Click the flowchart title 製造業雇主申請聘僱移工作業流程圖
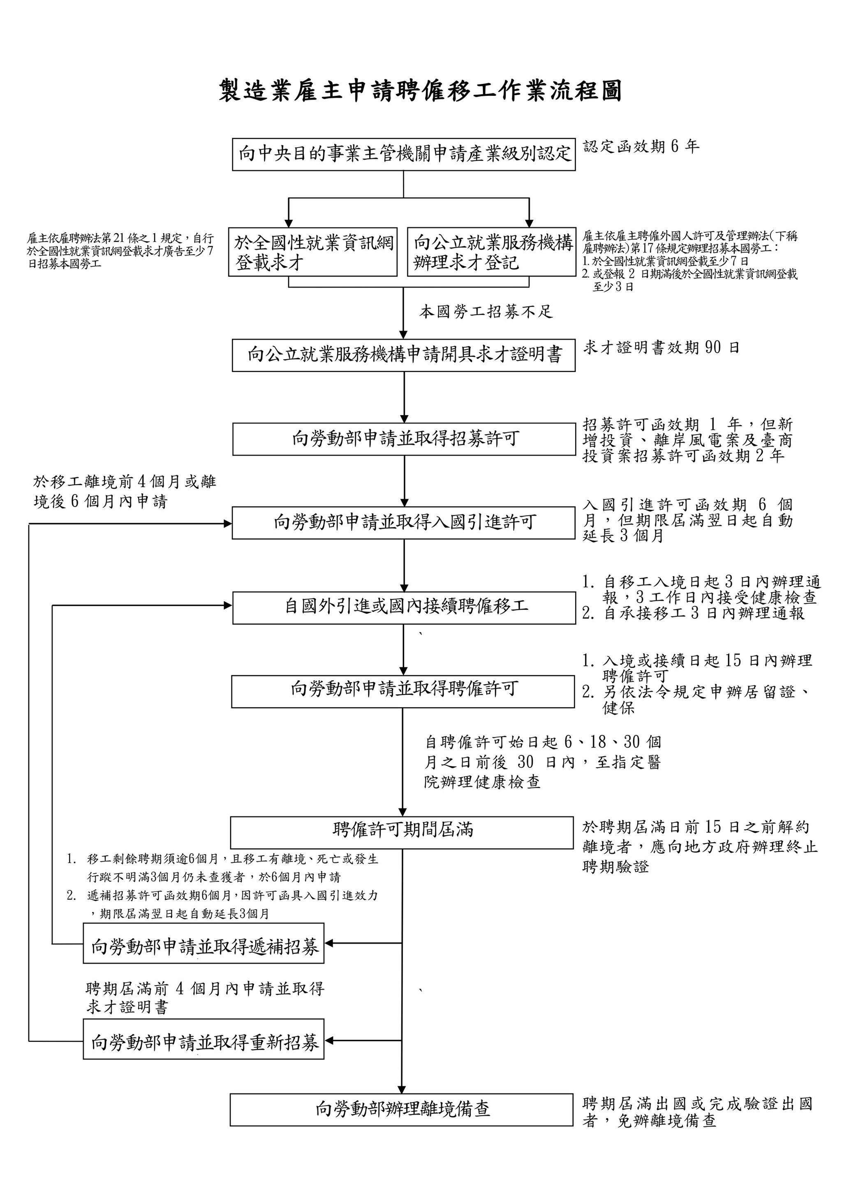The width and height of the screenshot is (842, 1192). [x=420, y=91]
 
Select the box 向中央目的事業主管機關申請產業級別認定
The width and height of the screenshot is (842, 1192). [x=404, y=154]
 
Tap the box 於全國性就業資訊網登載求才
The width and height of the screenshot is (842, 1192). [x=313, y=252]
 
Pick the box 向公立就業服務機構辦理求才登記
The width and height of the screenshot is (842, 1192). [x=491, y=252]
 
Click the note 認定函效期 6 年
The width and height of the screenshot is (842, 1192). [x=641, y=147]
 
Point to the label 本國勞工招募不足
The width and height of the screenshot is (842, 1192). [x=486, y=311]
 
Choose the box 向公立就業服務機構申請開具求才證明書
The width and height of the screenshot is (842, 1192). [x=404, y=355]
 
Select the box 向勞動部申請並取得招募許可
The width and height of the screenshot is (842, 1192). [x=404, y=439]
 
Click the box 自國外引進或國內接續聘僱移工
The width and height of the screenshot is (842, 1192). [x=404, y=606]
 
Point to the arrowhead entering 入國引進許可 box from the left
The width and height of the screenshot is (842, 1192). [x=227, y=524]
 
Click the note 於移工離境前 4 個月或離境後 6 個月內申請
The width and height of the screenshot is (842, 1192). [x=125, y=492]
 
